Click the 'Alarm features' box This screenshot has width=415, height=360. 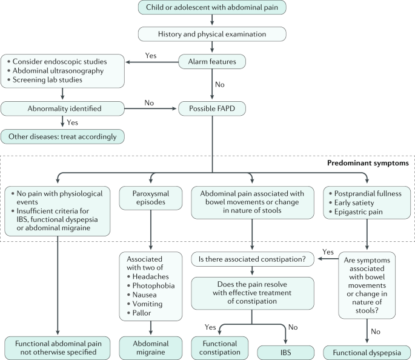coord(212,62)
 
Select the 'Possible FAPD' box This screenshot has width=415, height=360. coord(212,108)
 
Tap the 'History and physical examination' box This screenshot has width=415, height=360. coord(212,34)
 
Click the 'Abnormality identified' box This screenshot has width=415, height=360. coord(62,108)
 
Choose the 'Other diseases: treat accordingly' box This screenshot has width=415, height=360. coord(62,136)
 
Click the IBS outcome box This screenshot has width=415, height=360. coord(285,353)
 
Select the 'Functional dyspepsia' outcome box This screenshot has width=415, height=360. coord(367,353)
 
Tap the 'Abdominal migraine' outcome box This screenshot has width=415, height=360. coord(151,348)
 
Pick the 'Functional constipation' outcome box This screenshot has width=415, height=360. coord(220,348)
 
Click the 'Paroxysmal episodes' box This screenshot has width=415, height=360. coord(151,198)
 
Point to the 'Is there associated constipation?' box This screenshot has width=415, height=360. coord(253,259)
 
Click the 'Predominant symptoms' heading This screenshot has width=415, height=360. coord(368,163)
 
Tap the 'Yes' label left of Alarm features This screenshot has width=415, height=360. coord(151,56)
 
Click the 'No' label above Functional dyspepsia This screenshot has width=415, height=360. coord(376,332)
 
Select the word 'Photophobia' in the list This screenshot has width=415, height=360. coord(153,285)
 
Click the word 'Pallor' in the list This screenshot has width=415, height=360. coord(142,313)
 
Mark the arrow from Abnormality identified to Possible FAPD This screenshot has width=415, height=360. coord(150,108)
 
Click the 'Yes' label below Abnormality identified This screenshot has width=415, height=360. coord(72,122)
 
